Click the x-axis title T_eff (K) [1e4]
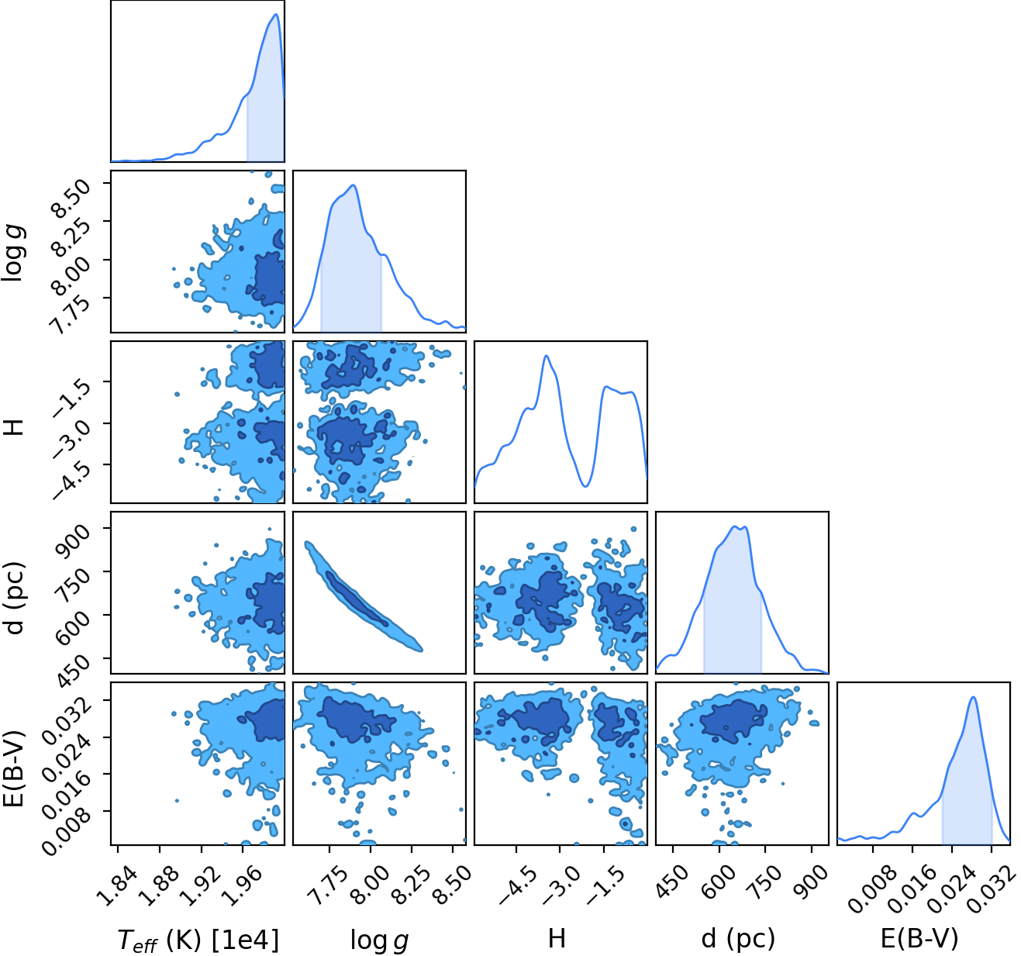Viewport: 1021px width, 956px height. [x=198, y=939]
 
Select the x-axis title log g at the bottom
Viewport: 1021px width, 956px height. [x=379, y=940]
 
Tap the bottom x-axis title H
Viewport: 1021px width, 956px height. [x=557, y=938]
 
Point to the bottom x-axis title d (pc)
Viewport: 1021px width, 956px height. [x=738, y=939]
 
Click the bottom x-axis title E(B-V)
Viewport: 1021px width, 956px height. [x=919, y=939]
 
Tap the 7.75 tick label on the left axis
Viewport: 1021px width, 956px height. [x=72, y=314]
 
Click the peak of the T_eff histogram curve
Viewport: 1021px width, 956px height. [x=276, y=15]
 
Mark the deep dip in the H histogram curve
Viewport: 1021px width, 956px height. [x=585, y=485]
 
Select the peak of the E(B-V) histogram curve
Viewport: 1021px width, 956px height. [x=973, y=697]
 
